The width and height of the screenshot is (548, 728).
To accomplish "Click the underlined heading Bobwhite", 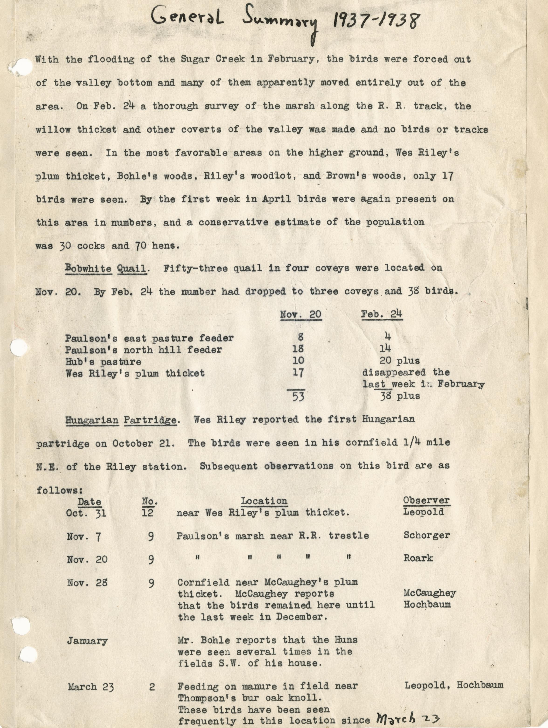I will coord(89,268).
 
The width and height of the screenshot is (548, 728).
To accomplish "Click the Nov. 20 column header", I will coord(301,314).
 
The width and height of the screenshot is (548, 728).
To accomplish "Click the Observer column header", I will coord(426,500).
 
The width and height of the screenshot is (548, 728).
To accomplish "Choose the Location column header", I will coord(264,501).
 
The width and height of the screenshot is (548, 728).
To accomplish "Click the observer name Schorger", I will coord(426,535).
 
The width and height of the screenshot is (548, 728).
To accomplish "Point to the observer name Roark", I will coord(418,558).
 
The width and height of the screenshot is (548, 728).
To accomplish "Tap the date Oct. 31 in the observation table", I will coord(86,513).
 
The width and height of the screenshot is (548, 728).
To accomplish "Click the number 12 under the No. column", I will coord(148,513).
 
